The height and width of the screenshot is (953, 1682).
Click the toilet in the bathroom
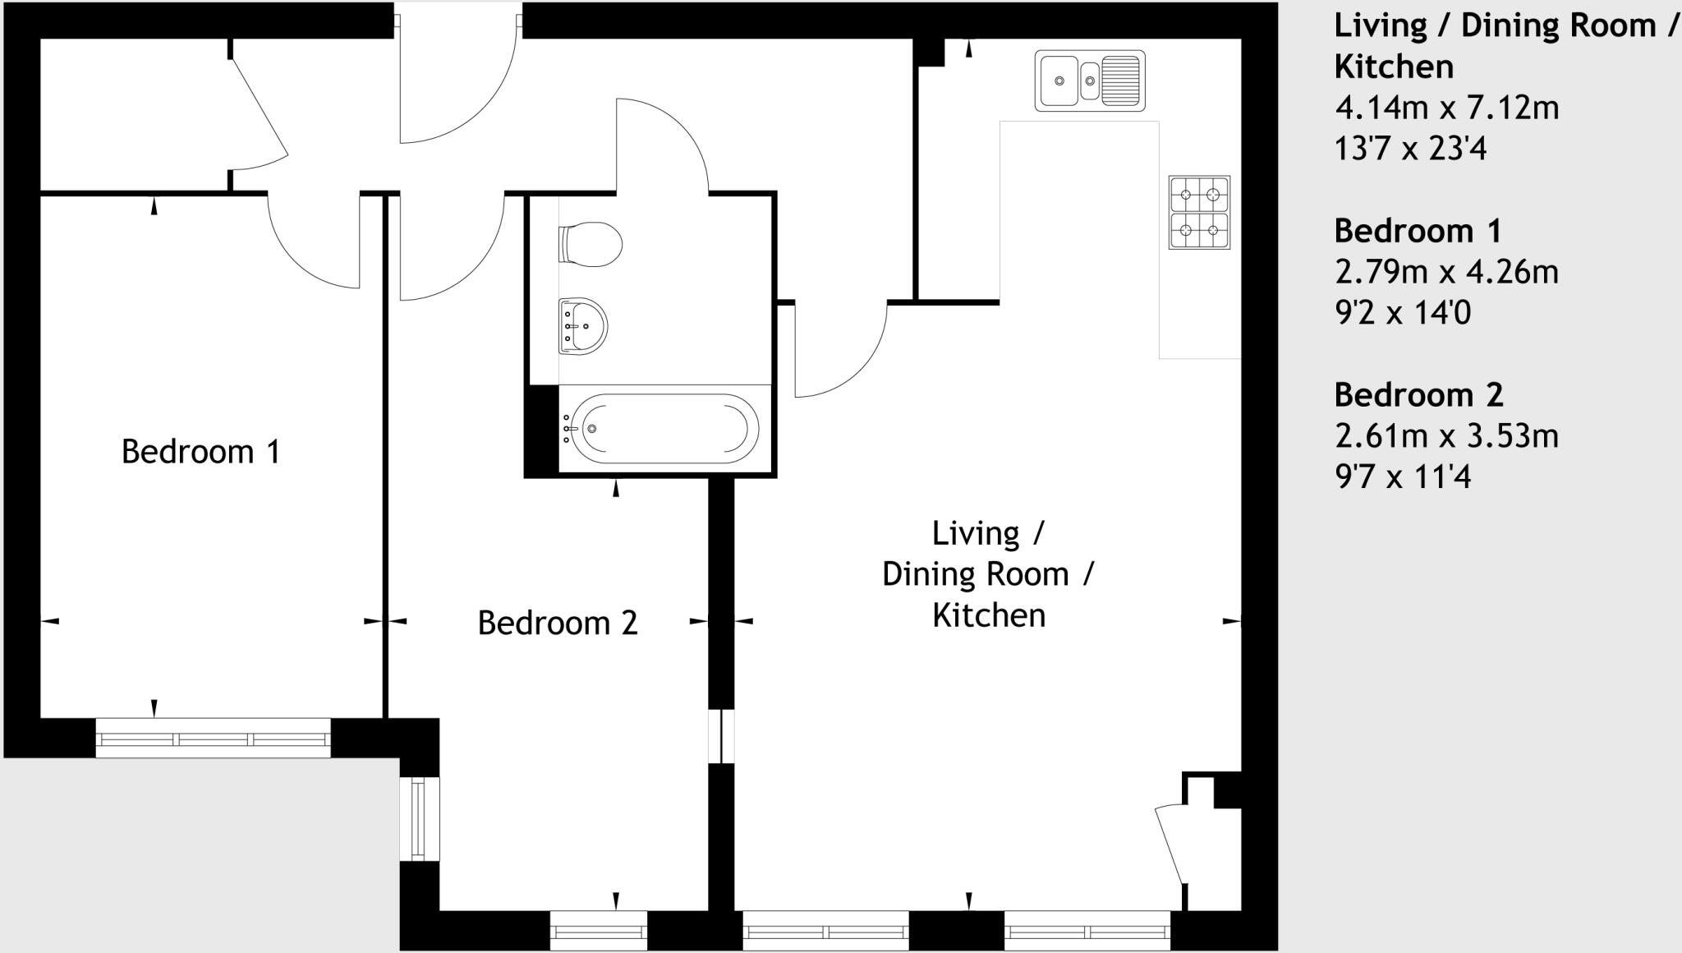coord(590,243)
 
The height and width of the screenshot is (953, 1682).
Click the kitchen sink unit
coord(1089,81)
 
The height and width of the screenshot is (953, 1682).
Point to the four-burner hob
coord(1198,212)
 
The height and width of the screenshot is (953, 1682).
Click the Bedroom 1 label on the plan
coord(200,452)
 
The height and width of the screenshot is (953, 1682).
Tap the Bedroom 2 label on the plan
coord(558,623)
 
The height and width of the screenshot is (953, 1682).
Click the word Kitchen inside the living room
coord(989,615)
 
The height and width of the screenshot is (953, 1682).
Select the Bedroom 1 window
coord(214,739)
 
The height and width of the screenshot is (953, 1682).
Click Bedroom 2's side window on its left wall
coord(419,819)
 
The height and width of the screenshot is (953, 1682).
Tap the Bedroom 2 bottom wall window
coord(598,932)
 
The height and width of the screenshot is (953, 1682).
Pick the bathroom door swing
coord(661,144)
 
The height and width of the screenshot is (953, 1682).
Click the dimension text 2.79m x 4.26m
coord(1445,272)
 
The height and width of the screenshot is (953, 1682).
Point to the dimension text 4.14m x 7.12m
coord(1445,108)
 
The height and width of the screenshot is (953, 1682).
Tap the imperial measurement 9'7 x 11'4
coord(1403,476)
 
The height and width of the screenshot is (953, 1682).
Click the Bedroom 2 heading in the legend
coord(1418,395)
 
